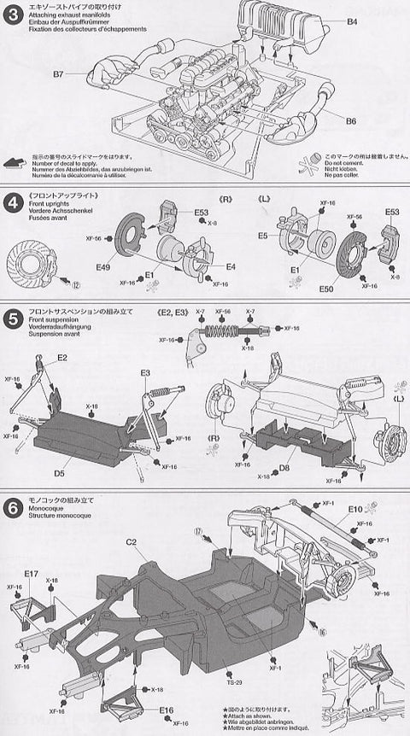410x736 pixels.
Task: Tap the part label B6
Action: click(351, 121)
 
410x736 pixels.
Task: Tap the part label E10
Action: click(355, 509)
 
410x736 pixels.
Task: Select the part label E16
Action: click(166, 710)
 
